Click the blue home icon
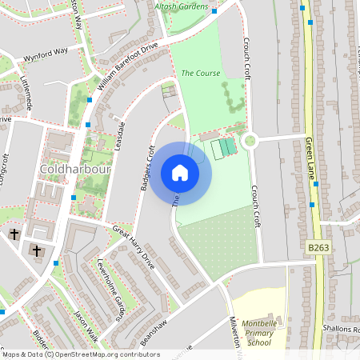click(x=180, y=172)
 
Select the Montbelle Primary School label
click(x=259, y=330)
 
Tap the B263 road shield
click(x=319, y=249)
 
